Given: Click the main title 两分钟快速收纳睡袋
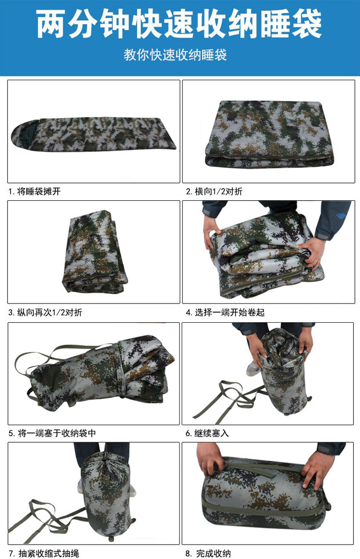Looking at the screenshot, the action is coord(180,24).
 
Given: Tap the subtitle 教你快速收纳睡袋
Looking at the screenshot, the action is coord(175,55).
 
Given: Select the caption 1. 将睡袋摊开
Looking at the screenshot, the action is coord(35,192).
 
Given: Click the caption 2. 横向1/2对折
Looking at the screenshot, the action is coord(214,192).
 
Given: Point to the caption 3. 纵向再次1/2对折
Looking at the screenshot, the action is coord(45,312).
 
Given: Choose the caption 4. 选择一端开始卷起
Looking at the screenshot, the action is coord(225,312).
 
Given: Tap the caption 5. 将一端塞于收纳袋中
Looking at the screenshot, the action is coord(52,433).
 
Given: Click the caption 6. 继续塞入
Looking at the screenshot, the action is coord(207,433).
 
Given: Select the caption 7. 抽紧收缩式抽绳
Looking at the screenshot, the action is coord(44,553).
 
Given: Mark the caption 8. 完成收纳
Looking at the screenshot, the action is coord(208,553).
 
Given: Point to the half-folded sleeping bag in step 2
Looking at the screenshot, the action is coord(269,134).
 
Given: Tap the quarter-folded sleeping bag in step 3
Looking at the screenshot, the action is coord(95,252).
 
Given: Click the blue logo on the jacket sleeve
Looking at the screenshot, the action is coord(337,215).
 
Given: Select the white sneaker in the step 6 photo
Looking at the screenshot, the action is coord(252,369).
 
